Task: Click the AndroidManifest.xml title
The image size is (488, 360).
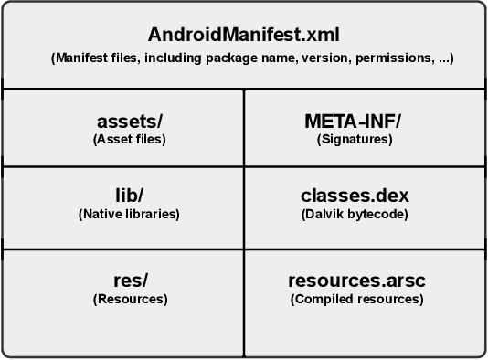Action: click(x=243, y=36)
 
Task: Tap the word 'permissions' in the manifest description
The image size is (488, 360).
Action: click(x=397, y=58)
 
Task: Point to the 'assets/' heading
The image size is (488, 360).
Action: click(x=129, y=122)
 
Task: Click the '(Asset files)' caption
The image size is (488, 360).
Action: click(x=129, y=140)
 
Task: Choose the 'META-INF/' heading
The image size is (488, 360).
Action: click(x=354, y=122)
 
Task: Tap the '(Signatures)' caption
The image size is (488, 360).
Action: click(x=355, y=140)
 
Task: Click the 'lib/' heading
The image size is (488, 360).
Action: click(x=129, y=196)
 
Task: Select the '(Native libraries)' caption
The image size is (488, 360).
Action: click(x=129, y=215)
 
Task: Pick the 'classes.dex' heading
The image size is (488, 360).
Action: click(x=355, y=196)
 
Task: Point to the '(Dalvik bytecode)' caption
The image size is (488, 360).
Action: click(x=355, y=215)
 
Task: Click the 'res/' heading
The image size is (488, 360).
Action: click(x=129, y=281)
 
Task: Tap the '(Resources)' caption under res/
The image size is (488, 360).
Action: click(x=130, y=299)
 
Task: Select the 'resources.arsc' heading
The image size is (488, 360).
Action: click(x=356, y=281)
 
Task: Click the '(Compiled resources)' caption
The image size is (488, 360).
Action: click(x=356, y=299)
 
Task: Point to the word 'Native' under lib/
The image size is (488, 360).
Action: click(x=103, y=215)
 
